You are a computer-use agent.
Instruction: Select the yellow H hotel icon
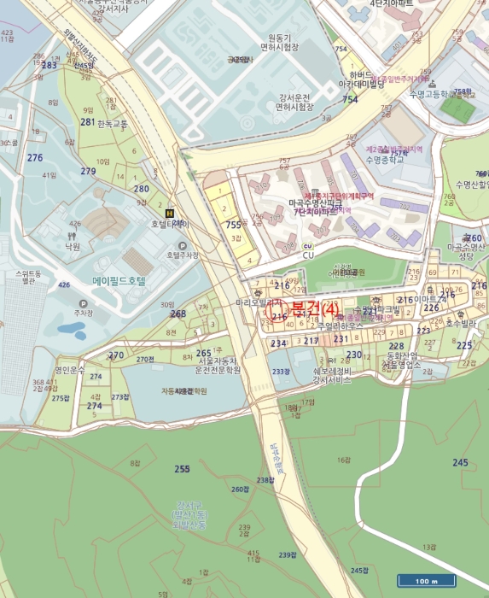click(x=168, y=213)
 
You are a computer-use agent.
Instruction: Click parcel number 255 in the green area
click(x=182, y=469)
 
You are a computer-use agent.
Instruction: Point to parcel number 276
click(x=34, y=158)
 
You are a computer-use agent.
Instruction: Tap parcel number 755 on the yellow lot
click(x=233, y=225)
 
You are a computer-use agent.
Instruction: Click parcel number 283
click(x=49, y=65)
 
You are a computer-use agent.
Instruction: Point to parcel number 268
click(x=178, y=314)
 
